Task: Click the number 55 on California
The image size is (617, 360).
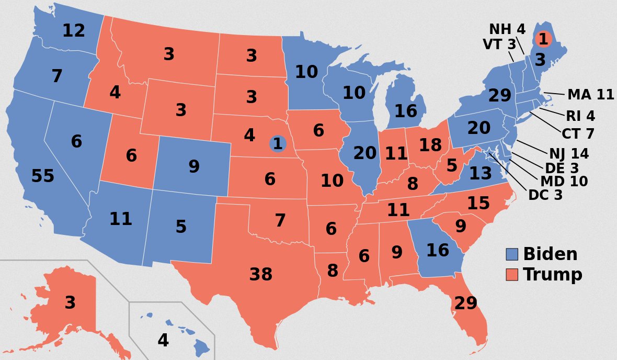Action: (x=43, y=177)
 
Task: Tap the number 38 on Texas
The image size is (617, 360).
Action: (x=260, y=274)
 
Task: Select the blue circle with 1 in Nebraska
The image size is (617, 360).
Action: (x=278, y=143)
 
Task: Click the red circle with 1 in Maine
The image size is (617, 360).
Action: (x=544, y=39)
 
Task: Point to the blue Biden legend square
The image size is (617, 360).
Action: (x=512, y=255)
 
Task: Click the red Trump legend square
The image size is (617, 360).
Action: (x=512, y=275)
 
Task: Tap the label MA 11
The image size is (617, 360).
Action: (x=591, y=95)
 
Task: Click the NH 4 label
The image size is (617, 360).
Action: (x=507, y=29)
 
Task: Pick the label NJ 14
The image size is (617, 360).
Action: (x=569, y=154)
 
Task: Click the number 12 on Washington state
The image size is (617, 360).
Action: (x=73, y=31)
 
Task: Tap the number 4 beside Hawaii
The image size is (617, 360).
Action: (x=163, y=341)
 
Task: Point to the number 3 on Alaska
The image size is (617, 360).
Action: (x=70, y=303)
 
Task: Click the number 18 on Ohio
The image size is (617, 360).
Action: (x=430, y=145)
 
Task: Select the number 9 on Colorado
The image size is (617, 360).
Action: (x=194, y=167)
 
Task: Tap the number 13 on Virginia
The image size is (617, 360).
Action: (x=480, y=173)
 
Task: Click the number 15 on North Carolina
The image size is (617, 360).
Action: (x=478, y=204)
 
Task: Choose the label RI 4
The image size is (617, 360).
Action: (x=580, y=116)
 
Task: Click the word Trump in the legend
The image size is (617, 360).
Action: (x=553, y=275)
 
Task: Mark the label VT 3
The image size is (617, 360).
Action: (x=499, y=45)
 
